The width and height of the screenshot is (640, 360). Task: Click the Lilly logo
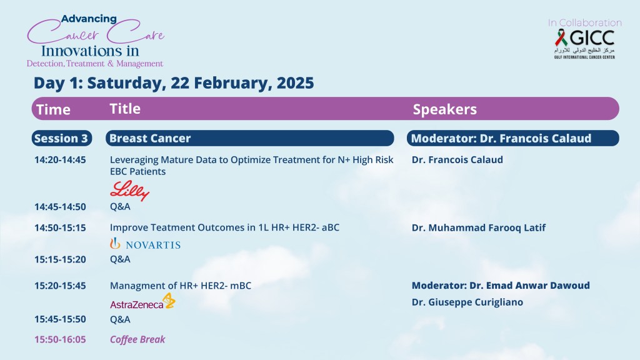tap(130, 191)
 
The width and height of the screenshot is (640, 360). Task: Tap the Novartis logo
tap(145, 244)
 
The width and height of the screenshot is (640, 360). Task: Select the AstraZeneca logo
tap(143, 301)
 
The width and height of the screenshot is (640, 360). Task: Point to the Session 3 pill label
tap(62, 138)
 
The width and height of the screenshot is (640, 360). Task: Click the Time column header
tap(54, 109)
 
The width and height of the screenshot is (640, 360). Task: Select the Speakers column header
tap(445, 109)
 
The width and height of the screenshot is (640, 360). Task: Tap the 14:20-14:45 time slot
tap(60, 160)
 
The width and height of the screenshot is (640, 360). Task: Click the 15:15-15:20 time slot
tap(60, 259)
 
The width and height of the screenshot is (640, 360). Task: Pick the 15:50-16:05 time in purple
tap(60, 339)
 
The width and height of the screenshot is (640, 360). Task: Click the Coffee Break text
tap(137, 339)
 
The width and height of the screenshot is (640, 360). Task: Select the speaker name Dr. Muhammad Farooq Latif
tap(478, 227)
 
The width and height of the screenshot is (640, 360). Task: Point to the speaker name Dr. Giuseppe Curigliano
tap(467, 302)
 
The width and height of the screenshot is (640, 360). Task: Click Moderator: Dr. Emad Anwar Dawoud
tap(501, 286)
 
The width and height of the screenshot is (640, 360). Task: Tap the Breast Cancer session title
tap(150, 138)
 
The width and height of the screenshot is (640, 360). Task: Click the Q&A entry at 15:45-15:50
tap(120, 319)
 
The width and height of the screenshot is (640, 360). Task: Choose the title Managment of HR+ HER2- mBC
tap(181, 286)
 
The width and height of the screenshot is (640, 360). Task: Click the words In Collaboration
tap(585, 23)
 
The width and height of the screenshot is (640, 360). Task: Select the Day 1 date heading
tap(174, 83)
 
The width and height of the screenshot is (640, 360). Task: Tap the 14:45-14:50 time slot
tap(60, 207)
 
